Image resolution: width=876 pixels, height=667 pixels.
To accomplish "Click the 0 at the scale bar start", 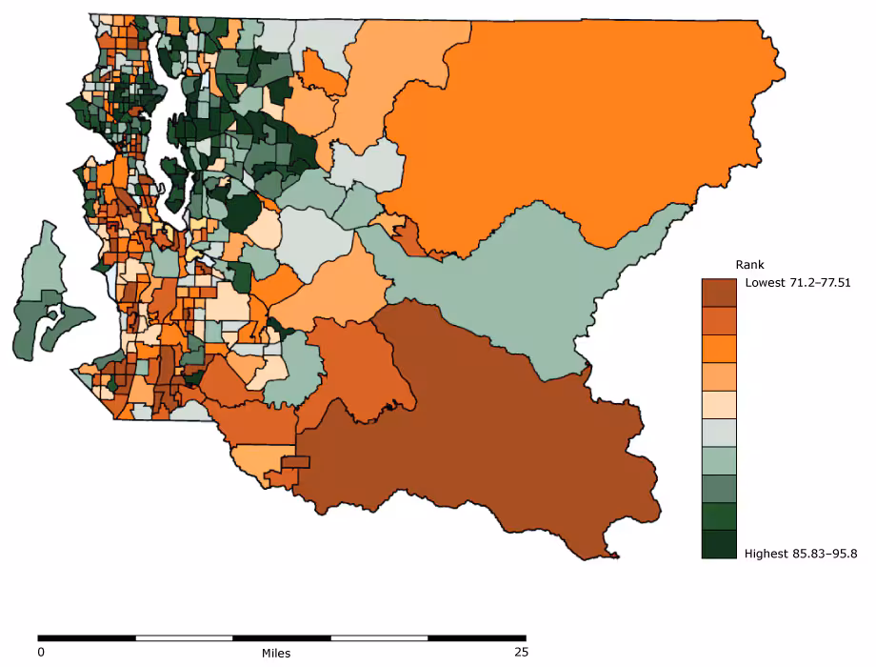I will coord(41,653).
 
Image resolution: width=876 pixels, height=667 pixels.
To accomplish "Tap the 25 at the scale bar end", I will coord(520,653).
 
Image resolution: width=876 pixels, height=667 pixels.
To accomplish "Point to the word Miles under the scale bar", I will coord(276,654).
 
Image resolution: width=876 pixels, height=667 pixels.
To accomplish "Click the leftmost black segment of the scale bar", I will coord(87,637).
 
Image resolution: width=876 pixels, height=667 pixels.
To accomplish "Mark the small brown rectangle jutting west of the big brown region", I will coord(295,462).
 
